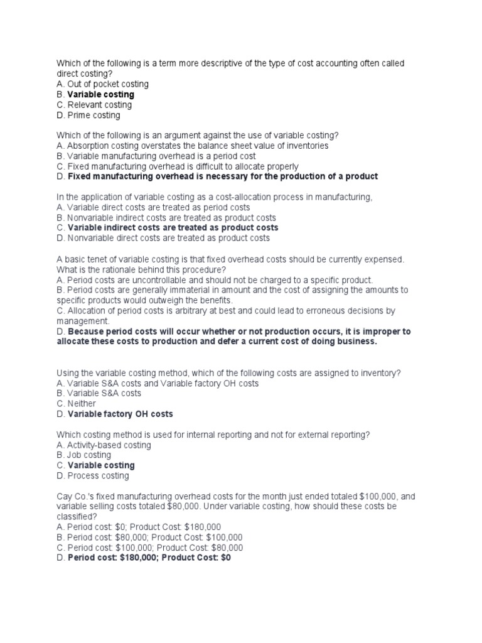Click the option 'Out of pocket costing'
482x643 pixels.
[107, 84]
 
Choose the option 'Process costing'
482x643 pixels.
[98, 476]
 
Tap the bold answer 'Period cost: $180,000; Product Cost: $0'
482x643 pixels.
[149, 558]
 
